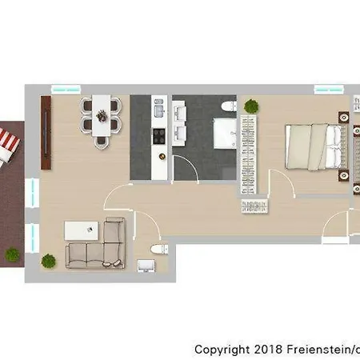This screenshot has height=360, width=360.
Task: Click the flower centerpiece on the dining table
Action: pos(102,116)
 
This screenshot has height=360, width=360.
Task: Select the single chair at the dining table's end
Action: pos(102,142)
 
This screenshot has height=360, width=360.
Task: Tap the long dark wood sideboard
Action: pos(46,133)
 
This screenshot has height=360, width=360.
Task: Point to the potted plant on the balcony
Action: pos(12,254)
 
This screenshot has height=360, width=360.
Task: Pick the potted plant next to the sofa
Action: pos(49,261)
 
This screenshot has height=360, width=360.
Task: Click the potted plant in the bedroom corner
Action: pos(251,106)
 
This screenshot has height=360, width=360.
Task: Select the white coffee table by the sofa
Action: pos(82,230)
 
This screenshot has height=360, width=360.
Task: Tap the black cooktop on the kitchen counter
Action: pos(158,136)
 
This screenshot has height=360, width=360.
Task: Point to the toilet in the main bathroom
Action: pos(229,106)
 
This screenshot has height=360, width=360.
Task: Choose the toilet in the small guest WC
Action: pos(159,249)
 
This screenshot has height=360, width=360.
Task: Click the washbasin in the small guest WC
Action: pos(146,266)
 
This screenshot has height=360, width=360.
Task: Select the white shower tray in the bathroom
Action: pos(225,134)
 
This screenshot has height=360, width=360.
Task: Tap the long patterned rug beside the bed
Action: pos(249,154)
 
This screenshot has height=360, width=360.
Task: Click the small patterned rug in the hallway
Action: pos(254,206)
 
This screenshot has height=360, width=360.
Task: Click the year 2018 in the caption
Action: pos(268,349)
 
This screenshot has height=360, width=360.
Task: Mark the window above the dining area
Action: pos(66,90)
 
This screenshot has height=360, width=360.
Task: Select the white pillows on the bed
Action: pos(334,146)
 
